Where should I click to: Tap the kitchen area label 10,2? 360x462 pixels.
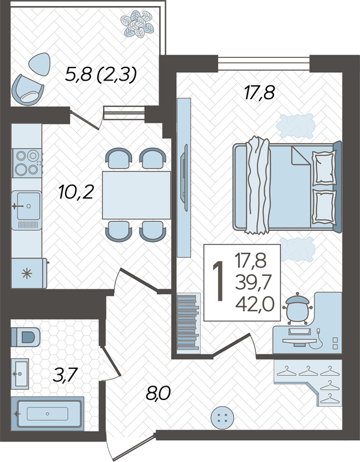tap(76, 192)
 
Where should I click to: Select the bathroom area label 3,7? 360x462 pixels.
tap(65, 375)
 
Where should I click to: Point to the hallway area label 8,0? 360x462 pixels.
tap(158, 393)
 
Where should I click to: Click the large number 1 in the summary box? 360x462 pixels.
tap(218, 282)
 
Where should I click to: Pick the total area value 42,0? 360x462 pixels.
tap(255, 304)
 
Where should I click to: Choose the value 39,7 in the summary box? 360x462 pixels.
tap(253, 283)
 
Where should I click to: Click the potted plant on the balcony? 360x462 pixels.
tap(137, 23)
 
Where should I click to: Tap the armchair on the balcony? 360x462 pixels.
tap(28, 90)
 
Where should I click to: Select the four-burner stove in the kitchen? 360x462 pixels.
tap(27, 163)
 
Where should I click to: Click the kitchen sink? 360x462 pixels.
tap(26, 210)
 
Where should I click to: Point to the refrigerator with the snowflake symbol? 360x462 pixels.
tap(29, 274)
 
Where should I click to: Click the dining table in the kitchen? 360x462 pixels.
tap(136, 195)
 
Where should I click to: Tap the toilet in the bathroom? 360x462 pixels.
tap(26, 337)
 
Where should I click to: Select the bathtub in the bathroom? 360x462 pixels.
tap(47, 414)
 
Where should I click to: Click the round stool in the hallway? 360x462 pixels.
tap(222, 418)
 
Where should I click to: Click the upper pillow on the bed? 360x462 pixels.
tap(324, 168)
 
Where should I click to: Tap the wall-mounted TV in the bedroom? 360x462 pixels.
tap(186, 177)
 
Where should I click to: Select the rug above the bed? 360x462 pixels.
tap(296, 126)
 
